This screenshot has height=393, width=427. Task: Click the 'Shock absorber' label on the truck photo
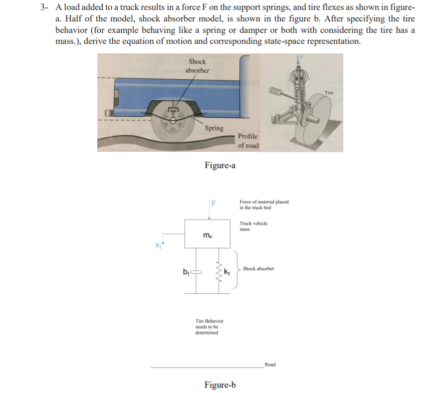click(197, 66)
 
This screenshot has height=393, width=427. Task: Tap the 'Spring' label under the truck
click(214, 128)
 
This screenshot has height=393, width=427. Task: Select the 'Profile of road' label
click(248, 141)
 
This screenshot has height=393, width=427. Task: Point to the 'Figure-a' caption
click(220, 165)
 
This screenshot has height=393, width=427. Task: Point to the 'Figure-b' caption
click(220, 385)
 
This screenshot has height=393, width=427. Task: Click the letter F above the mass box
click(213, 203)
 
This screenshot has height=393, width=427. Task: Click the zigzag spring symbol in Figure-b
click(218, 272)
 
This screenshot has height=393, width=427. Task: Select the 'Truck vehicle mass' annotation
click(253, 226)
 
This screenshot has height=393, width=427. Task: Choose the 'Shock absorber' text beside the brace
click(258, 269)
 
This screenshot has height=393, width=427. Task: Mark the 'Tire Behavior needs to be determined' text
click(210, 327)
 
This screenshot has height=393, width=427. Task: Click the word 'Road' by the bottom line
click(270, 365)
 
